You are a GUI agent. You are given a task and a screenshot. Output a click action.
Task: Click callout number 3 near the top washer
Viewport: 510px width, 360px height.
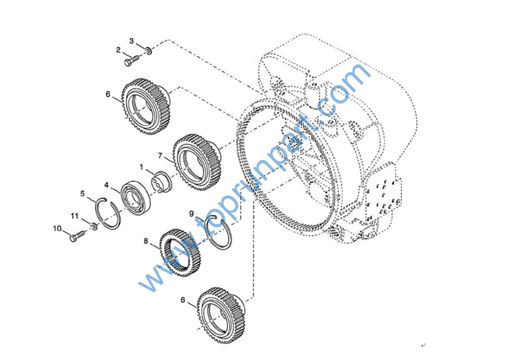(x=132, y=41)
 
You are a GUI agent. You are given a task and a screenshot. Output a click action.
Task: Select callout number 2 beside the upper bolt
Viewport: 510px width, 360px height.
(x=118, y=50)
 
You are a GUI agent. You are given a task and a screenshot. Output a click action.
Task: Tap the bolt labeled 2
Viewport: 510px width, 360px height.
(x=132, y=61)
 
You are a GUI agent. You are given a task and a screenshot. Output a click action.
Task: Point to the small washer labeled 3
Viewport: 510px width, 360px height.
(x=148, y=50)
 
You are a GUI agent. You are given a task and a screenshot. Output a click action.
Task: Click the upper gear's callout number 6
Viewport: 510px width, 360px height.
(x=109, y=94)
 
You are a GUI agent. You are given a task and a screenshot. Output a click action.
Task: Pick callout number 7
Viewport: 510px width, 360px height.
(x=160, y=156)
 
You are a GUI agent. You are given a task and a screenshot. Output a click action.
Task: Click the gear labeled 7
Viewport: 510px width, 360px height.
(x=197, y=162)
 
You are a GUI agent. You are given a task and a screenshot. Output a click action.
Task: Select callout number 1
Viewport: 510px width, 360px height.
(x=142, y=167)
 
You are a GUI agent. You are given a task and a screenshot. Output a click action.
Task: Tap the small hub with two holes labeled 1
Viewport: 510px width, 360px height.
(x=162, y=181)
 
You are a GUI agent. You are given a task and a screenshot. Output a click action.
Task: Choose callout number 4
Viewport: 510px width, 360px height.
(x=106, y=185)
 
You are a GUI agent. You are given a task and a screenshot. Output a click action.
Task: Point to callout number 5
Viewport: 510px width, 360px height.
(x=83, y=194)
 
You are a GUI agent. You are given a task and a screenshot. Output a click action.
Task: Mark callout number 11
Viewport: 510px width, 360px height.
(x=75, y=216)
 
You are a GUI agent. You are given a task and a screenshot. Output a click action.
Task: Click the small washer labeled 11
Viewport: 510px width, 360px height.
(x=94, y=227)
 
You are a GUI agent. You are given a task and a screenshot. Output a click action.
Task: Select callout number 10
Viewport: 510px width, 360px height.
(x=57, y=228)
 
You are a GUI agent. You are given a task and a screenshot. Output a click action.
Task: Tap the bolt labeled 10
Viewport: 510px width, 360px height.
(x=77, y=236)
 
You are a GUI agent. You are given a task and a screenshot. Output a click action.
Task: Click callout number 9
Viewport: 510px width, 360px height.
(x=192, y=214)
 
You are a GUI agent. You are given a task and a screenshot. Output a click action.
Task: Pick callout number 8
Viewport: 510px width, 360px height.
(x=146, y=241)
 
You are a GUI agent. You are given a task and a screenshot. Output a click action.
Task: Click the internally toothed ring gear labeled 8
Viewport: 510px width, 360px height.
(x=180, y=253)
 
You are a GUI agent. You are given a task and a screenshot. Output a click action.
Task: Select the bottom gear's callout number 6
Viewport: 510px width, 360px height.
(x=183, y=300)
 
